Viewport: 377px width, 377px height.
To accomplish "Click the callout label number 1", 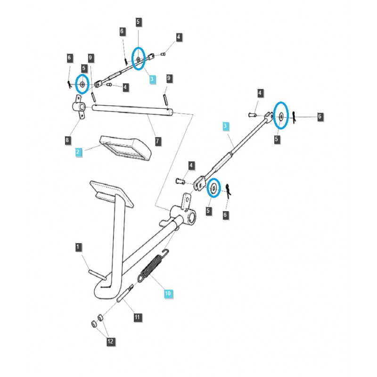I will click(79, 247).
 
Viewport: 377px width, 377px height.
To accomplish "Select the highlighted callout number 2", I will click(79, 152).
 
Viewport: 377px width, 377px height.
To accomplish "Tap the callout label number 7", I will click(158, 140).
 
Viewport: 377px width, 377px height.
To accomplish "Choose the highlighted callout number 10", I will click(168, 294).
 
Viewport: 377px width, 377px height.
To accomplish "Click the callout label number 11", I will click(137, 317).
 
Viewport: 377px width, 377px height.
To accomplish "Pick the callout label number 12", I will click(111, 341).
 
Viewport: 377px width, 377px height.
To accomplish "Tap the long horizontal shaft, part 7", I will click(132, 111).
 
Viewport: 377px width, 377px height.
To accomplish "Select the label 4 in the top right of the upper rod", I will click(179, 37).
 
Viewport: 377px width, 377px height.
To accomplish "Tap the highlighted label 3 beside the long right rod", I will click(226, 126).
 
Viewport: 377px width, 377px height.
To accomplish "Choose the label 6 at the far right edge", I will click(320, 116).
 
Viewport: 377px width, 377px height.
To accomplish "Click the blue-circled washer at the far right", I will click(281, 116).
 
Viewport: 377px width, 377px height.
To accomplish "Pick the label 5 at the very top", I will click(138, 22).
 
